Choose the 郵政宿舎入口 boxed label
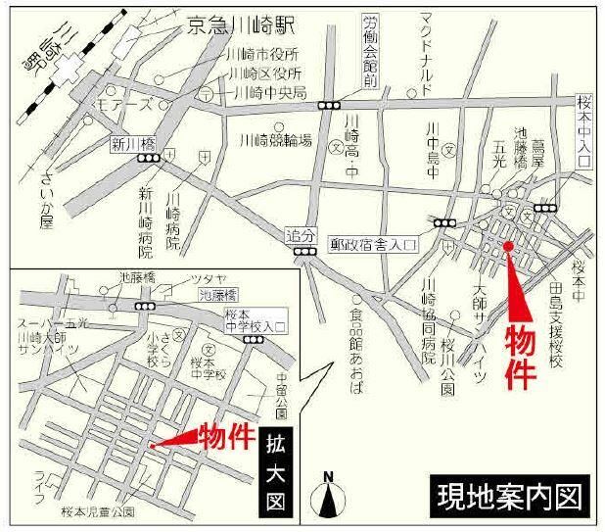[375, 240]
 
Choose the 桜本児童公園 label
[98, 511]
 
